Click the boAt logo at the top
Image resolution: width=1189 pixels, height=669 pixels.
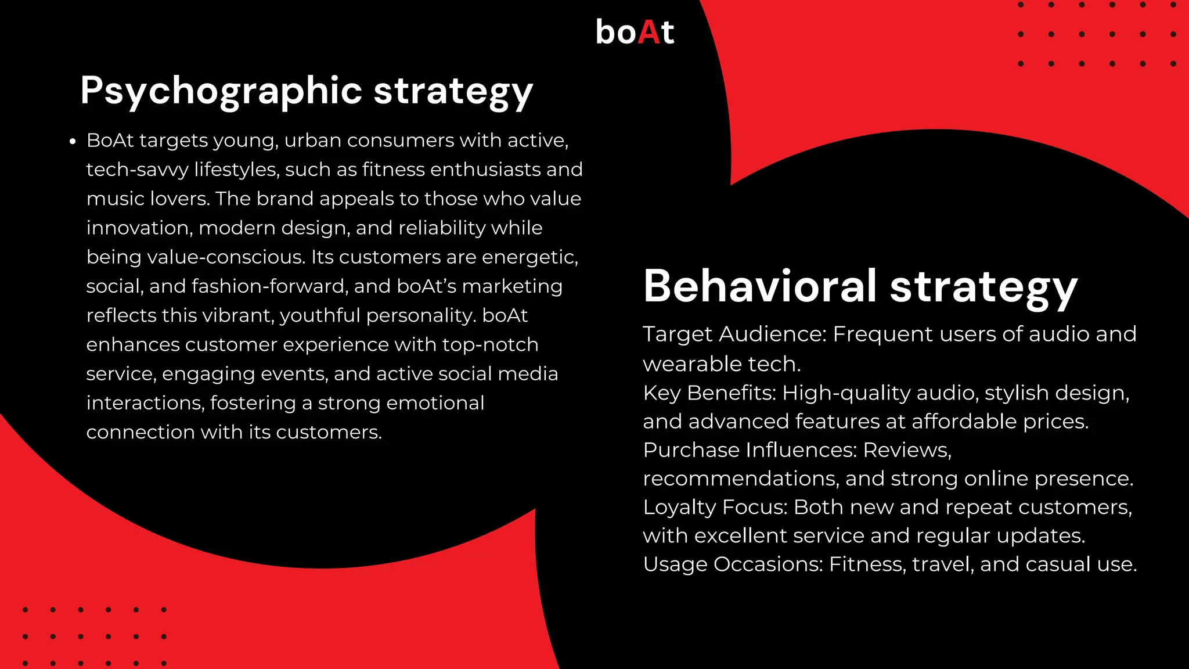click(x=635, y=32)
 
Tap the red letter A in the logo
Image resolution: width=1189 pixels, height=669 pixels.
click(x=648, y=32)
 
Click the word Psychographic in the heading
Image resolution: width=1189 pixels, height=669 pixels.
click(x=221, y=91)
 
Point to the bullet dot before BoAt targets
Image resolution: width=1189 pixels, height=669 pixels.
click(x=73, y=142)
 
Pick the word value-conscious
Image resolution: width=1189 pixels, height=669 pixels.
click(x=226, y=257)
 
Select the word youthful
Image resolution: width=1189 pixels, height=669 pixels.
click(x=320, y=315)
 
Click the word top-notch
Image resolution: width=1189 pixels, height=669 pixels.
click(x=490, y=344)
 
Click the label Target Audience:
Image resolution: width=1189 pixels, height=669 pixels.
click(x=734, y=334)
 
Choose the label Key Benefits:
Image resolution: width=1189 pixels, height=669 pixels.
click(x=709, y=393)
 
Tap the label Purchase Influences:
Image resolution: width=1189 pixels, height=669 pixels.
click(x=750, y=450)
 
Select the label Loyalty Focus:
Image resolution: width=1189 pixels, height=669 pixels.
click(x=715, y=507)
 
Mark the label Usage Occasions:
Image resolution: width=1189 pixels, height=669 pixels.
click(x=733, y=564)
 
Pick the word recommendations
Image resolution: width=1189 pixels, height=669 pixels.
click(x=740, y=479)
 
